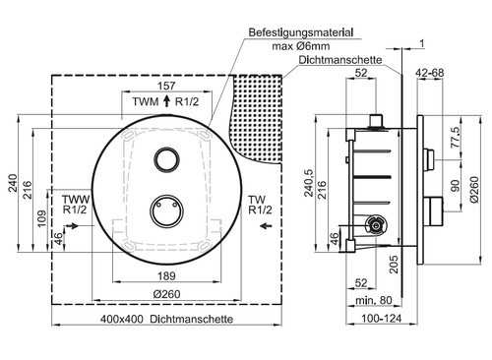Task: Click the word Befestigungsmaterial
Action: (x=301, y=32)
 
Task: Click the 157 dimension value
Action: (x=166, y=86)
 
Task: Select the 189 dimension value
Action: (x=166, y=275)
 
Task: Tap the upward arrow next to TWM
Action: (x=166, y=101)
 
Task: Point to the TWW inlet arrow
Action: (x=72, y=225)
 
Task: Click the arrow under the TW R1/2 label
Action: (x=266, y=225)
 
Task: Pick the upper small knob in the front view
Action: (x=166, y=159)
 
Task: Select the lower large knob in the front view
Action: (x=165, y=210)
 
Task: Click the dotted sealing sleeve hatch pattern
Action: (x=258, y=118)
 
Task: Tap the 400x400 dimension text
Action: (x=122, y=319)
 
